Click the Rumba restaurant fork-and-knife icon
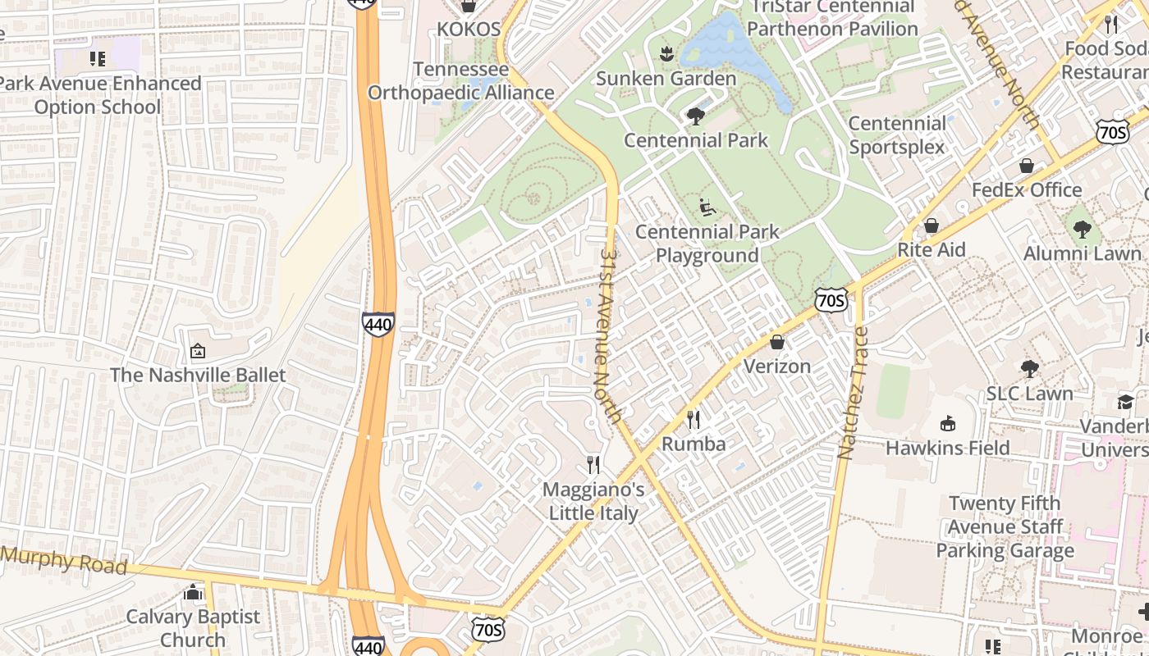(x=694, y=420)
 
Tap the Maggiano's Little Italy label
(x=593, y=501)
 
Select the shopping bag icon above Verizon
(x=776, y=342)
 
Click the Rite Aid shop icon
(x=931, y=225)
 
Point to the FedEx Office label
(x=1027, y=190)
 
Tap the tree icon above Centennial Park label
(x=696, y=116)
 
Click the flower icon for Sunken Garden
(x=666, y=54)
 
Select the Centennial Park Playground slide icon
(x=707, y=207)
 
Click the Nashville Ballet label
(x=198, y=376)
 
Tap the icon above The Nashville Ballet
(x=197, y=352)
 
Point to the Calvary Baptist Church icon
(x=194, y=592)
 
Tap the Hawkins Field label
(x=947, y=448)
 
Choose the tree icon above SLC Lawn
(x=1029, y=369)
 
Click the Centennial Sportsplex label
(x=897, y=135)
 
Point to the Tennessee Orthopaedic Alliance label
(x=460, y=81)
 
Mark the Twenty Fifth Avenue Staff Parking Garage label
(x=1005, y=526)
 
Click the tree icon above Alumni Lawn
(x=1082, y=230)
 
